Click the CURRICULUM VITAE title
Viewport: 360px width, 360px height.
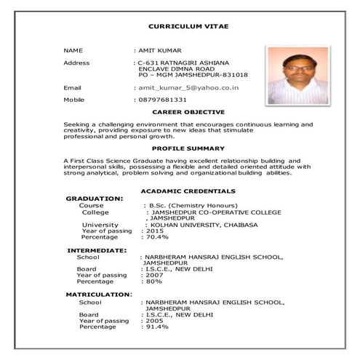(188, 26)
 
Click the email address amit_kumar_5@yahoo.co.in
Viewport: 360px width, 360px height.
(188, 87)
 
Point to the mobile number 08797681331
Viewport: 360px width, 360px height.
(163, 99)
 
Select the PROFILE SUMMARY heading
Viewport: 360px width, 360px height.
(188, 148)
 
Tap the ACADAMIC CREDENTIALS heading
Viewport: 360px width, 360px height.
(188, 191)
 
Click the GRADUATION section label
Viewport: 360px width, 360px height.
(94, 199)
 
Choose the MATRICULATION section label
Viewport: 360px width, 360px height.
(99, 294)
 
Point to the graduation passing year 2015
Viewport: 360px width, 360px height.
(154, 231)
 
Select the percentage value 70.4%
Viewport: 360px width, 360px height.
(156, 237)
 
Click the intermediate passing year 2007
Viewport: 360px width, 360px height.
(153, 275)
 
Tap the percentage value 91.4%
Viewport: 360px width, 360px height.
(156, 327)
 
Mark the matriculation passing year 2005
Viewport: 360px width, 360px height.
(153, 320)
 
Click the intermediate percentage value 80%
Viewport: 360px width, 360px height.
(152, 281)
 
